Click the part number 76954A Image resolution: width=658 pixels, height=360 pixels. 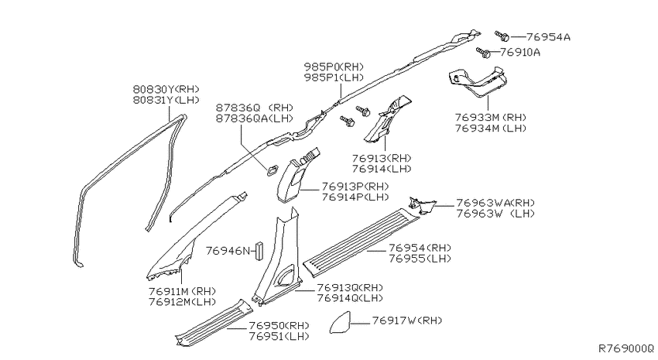coord(548,37)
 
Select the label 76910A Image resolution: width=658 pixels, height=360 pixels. coord(520,53)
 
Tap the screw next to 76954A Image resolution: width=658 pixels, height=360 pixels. coord(502,36)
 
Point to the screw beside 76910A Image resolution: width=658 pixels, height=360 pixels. coord(483,53)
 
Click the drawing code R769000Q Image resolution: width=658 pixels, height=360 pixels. coord(625,348)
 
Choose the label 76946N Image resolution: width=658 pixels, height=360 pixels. coord(228,251)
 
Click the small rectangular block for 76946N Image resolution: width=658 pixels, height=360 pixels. coord(259,251)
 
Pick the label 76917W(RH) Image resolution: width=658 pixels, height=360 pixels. coord(406,321)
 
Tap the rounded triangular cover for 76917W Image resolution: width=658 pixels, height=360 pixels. coord(340,323)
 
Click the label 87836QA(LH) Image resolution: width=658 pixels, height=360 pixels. coord(255,118)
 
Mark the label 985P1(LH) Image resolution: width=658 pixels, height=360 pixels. coord(334,77)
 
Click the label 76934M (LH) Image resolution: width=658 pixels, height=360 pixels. coord(491,128)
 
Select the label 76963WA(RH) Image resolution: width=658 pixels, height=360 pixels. coord(495,203)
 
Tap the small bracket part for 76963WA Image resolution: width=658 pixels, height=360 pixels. coord(422,206)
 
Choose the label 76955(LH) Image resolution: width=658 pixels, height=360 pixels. coord(420,259)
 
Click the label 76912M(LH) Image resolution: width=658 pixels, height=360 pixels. coord(182,302)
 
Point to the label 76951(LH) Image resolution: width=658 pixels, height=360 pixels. coord(279,336)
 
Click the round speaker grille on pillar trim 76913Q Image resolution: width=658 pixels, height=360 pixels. coord(286,276)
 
